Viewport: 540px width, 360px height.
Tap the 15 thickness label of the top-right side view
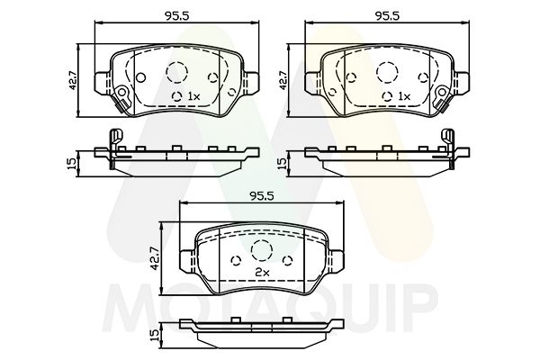[x=283, y=164]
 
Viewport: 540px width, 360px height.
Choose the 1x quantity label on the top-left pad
[x=192, y=95]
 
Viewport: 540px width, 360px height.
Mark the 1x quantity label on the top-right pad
[x=403, y=95]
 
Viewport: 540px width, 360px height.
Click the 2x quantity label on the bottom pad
[x=263, y=271]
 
